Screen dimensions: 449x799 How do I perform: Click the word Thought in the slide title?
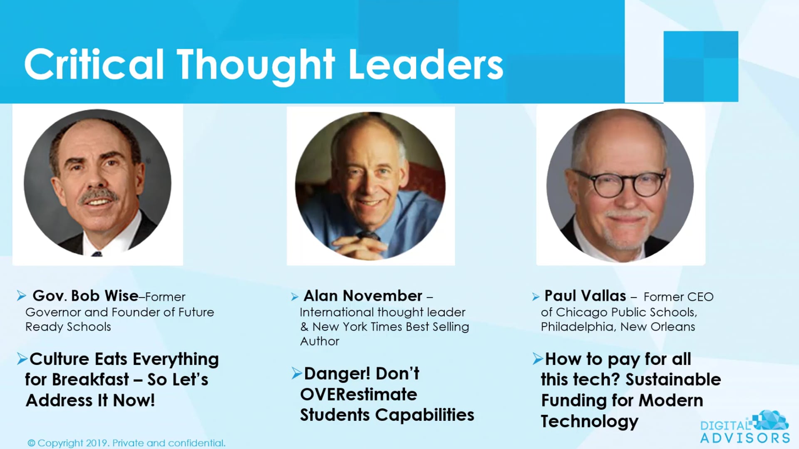click(256, 65)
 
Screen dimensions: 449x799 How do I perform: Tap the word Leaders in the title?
click(426, 65)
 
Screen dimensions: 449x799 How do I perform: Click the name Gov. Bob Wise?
click(85, 296)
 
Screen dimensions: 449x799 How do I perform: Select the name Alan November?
click(363, 296)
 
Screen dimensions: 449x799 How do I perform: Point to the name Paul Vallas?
click(585, 296)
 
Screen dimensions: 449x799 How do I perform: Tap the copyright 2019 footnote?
click(127, 443)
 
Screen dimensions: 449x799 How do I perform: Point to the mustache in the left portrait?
click(99, 195)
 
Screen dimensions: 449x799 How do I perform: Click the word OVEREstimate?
click(358, 394)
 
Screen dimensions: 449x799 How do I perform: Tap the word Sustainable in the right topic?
click(673, 380)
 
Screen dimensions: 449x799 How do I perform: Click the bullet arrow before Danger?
click(296, 373)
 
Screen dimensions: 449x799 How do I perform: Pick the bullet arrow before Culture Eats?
click(22, 358)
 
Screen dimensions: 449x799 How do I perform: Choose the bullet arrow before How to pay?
click(538, 358)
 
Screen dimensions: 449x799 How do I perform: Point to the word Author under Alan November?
click(320, 341)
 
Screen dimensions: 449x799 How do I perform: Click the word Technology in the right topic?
click(589, 422)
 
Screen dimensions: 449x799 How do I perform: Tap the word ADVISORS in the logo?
click(745, 438)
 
